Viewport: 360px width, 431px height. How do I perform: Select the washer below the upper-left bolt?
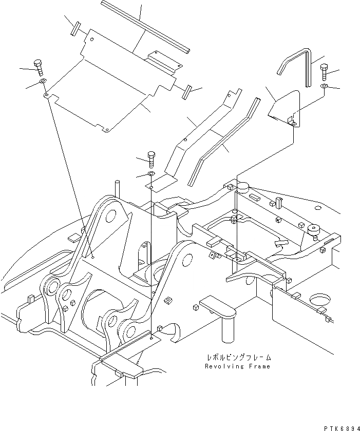43,82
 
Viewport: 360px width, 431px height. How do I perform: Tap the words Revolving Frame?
237,366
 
